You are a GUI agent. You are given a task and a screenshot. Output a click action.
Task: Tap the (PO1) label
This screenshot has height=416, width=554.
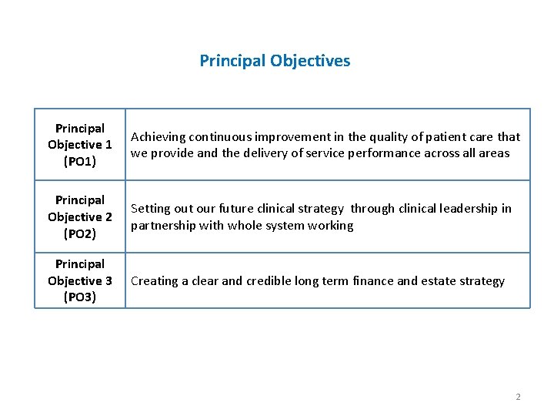pos(80,161)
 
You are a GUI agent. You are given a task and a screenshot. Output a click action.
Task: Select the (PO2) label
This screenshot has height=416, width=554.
pos(80,233)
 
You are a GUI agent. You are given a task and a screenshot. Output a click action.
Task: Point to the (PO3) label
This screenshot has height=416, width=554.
pos(80,297)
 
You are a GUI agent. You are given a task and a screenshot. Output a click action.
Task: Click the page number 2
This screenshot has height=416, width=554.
pos(518,397)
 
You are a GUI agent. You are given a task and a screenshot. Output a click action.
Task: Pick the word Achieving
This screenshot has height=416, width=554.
pos(158,137)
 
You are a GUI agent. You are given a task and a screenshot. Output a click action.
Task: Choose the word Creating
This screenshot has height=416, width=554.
pos(154,281)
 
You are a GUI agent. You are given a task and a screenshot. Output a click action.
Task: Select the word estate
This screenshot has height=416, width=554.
pos(435,281)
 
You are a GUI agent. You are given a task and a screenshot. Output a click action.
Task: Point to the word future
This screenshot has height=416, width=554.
pos(237,209)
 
